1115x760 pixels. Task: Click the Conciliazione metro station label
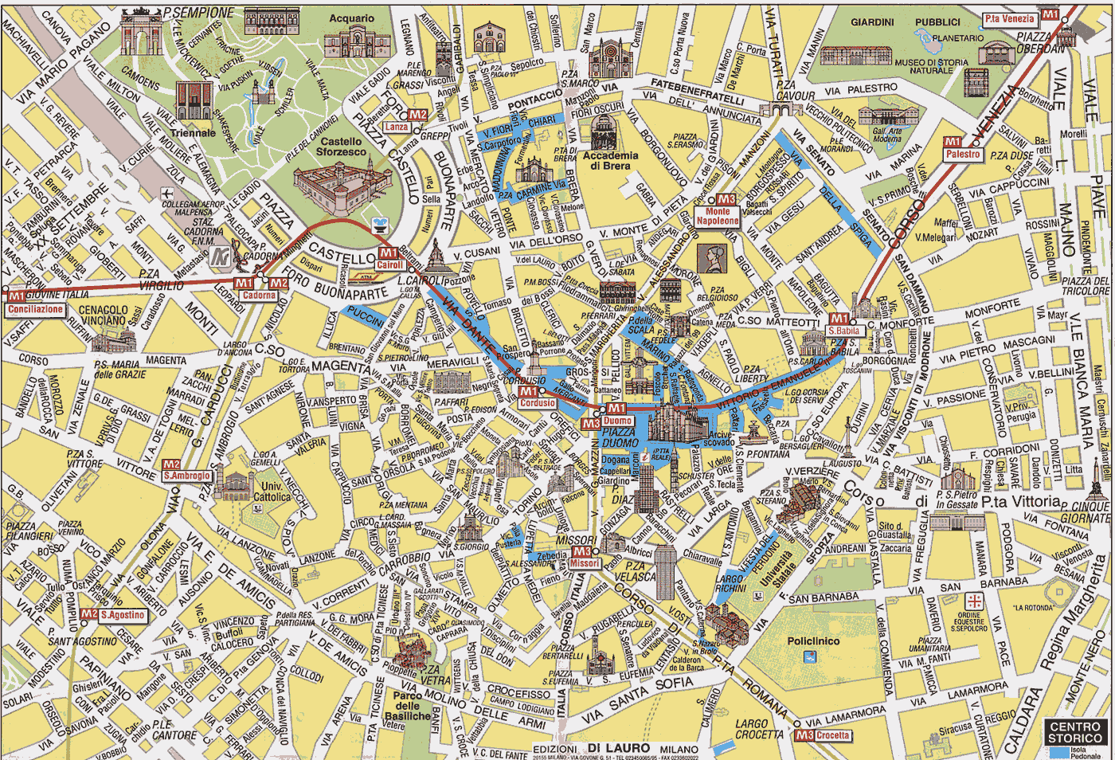(x=35, y=309)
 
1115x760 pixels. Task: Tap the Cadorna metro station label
(x=259, y=296)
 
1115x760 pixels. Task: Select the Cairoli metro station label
(x=389, y=265)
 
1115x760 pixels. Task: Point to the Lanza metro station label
(x=397, y=127)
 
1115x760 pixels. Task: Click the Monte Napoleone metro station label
(x=717, y=216)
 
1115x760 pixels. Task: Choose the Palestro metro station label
(x=963, y=154)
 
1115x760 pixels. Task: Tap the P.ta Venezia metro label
(x=1009, y=18)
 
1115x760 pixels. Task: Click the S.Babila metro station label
(x=843, y=331)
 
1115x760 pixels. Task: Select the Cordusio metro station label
(x=538, y=403)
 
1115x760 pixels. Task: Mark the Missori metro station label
(x=584, y=563)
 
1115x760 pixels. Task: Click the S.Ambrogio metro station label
(x=187, y=476)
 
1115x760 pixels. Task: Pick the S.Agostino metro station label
(x=123, y=615)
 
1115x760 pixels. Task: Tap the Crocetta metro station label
(x=832, y=735)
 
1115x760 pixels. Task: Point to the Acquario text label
(x=351, y=18)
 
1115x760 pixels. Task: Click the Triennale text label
(x=193, y=133)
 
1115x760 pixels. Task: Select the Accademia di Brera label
(x=611, y=161)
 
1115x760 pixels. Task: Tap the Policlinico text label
(x=813, y=641)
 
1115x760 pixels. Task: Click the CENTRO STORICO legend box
(x=1074, y=732)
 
